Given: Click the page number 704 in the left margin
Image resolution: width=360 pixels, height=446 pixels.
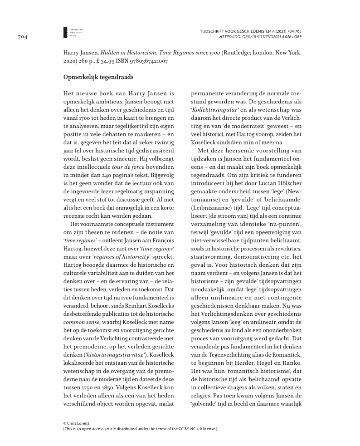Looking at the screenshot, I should point(22,37).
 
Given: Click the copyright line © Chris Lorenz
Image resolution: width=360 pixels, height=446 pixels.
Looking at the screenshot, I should point(76,423).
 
